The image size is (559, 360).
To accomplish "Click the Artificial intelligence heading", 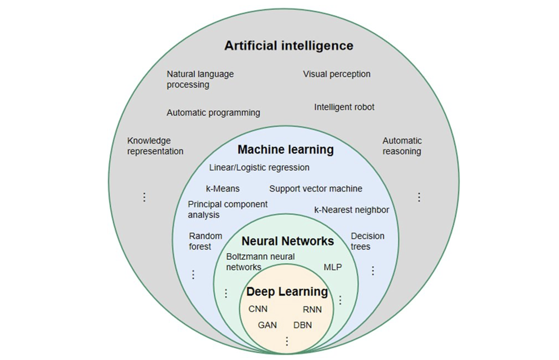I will click(289, 46).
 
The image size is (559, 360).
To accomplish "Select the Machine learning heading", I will click(285, 150).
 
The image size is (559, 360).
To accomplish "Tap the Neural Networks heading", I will click(288, 241).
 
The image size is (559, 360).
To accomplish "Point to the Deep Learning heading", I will click(287, 291).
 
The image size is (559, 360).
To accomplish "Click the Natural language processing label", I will click(200, 79).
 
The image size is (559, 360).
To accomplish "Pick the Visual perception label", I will click(337, 74).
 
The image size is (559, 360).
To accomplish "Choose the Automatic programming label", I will click(213, 113).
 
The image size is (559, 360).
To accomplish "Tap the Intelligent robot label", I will click(344, 107).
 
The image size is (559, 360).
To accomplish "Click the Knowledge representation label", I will click(155, 146).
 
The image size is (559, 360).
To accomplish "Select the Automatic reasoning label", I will click(402, 146).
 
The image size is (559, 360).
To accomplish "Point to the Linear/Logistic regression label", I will click(259, 168).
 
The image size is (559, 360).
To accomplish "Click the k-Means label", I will click(222, 189).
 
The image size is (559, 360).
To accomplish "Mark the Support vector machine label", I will click(316, 189).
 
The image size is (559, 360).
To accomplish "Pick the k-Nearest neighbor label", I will click(351, 210).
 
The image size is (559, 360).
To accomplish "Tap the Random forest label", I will click(205, 241).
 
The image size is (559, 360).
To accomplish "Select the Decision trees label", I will click(367, 241).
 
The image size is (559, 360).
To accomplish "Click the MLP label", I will click(332, 267).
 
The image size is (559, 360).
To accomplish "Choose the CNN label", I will click(258, 309).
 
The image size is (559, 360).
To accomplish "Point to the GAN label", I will click(267, 325).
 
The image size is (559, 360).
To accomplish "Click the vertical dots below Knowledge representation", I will click(144, 197).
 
